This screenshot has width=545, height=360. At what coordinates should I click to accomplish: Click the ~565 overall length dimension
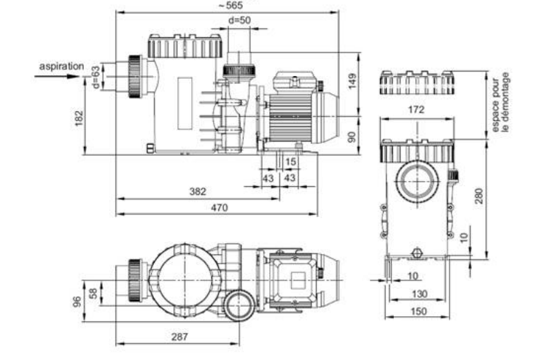[231, 5]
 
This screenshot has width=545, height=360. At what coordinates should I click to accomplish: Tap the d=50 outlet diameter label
[239, 20]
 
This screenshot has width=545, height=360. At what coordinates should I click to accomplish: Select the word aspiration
[61, 66]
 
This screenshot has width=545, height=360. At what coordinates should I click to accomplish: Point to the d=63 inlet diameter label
[96, 77]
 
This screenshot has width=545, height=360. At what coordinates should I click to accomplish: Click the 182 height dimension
[80, 118]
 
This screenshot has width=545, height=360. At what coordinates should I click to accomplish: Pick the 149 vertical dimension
[352, 81]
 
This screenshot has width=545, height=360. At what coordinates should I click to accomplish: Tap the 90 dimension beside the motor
[352, 137]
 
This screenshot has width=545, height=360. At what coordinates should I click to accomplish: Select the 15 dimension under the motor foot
[290, 161]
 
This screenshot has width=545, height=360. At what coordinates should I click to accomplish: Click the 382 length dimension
[198, 191]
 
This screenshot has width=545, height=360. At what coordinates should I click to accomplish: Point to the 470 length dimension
[220, 207]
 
